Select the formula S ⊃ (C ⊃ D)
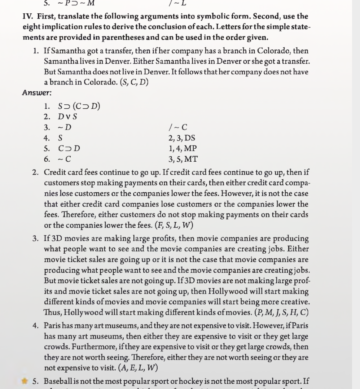point(79,106)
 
